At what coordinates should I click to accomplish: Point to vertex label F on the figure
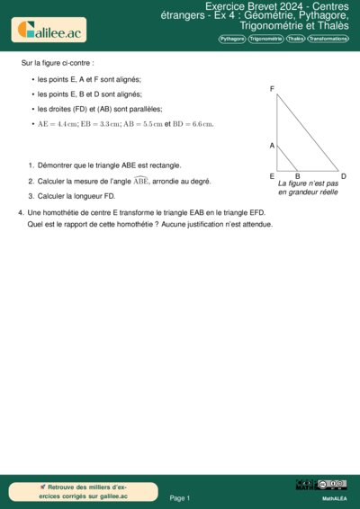272,88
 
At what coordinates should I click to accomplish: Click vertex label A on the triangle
271,145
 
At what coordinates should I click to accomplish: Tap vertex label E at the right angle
272,176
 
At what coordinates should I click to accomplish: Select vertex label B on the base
297,176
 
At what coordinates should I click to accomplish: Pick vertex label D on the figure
344,176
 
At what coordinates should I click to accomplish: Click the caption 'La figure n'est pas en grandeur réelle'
308,188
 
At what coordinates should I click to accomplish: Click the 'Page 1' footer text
180,497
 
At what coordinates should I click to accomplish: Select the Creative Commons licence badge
333,486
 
